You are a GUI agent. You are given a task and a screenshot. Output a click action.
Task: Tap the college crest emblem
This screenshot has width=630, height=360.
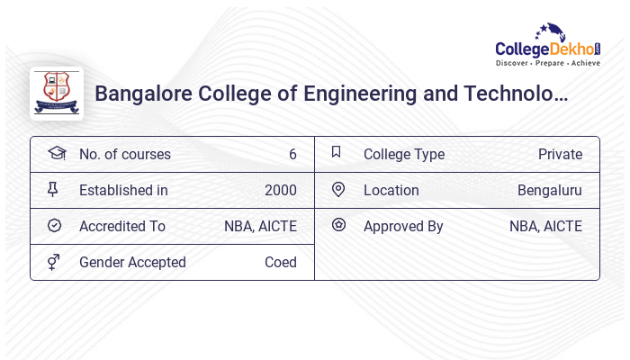coord(56,94)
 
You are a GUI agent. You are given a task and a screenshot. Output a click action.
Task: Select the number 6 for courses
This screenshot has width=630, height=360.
coord(292,154)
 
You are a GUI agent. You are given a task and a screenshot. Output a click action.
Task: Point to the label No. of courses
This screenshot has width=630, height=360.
coord(124,154)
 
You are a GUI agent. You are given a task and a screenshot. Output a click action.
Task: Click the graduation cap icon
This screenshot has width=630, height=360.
coord(56,153)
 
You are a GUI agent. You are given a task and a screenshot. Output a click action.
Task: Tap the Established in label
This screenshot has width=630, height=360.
coord(123,190)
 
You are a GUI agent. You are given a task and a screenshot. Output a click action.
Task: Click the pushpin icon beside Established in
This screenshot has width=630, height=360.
coord(53,189)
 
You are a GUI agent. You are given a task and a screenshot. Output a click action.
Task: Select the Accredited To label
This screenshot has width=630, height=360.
coord(122,226)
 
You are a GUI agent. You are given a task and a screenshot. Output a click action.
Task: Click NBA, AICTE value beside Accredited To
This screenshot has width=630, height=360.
coord(260,226)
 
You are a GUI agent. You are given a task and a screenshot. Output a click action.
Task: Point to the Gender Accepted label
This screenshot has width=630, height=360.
coord(132,262)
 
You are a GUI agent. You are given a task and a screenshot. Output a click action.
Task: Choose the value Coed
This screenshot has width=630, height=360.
coord(280,262)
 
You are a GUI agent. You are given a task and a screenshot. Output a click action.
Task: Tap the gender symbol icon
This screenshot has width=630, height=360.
coord(54,261)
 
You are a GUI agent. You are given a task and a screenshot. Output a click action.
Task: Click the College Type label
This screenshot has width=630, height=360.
coord(403,154)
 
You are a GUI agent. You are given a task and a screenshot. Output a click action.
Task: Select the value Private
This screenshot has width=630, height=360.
coord(560,154)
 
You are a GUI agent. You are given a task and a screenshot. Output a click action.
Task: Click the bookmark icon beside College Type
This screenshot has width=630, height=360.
coord(337,152)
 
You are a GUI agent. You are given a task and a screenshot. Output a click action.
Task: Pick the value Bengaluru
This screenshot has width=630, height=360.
coord(549,190)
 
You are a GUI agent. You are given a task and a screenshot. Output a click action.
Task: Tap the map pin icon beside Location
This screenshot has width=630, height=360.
coord(338,189)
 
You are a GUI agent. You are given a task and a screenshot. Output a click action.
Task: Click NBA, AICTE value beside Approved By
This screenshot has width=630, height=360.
coord(545,226)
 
